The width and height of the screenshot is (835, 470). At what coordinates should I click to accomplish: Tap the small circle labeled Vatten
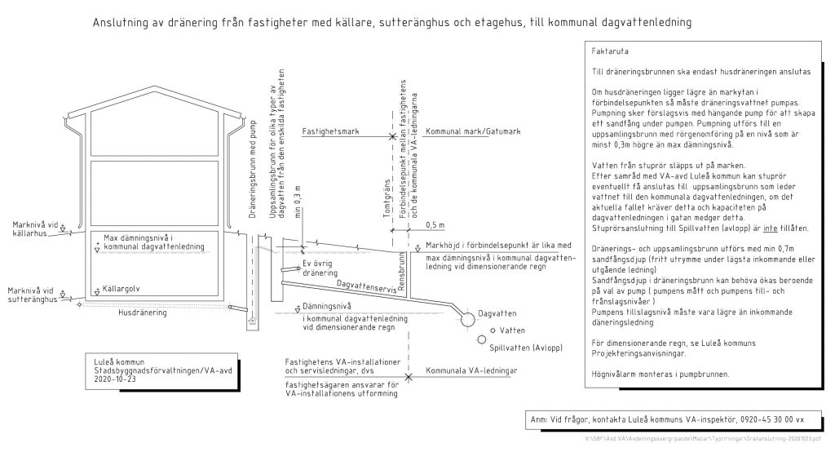493,331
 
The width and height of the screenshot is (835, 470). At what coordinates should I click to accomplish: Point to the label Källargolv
121,289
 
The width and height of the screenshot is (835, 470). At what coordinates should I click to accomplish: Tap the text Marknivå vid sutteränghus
35,294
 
